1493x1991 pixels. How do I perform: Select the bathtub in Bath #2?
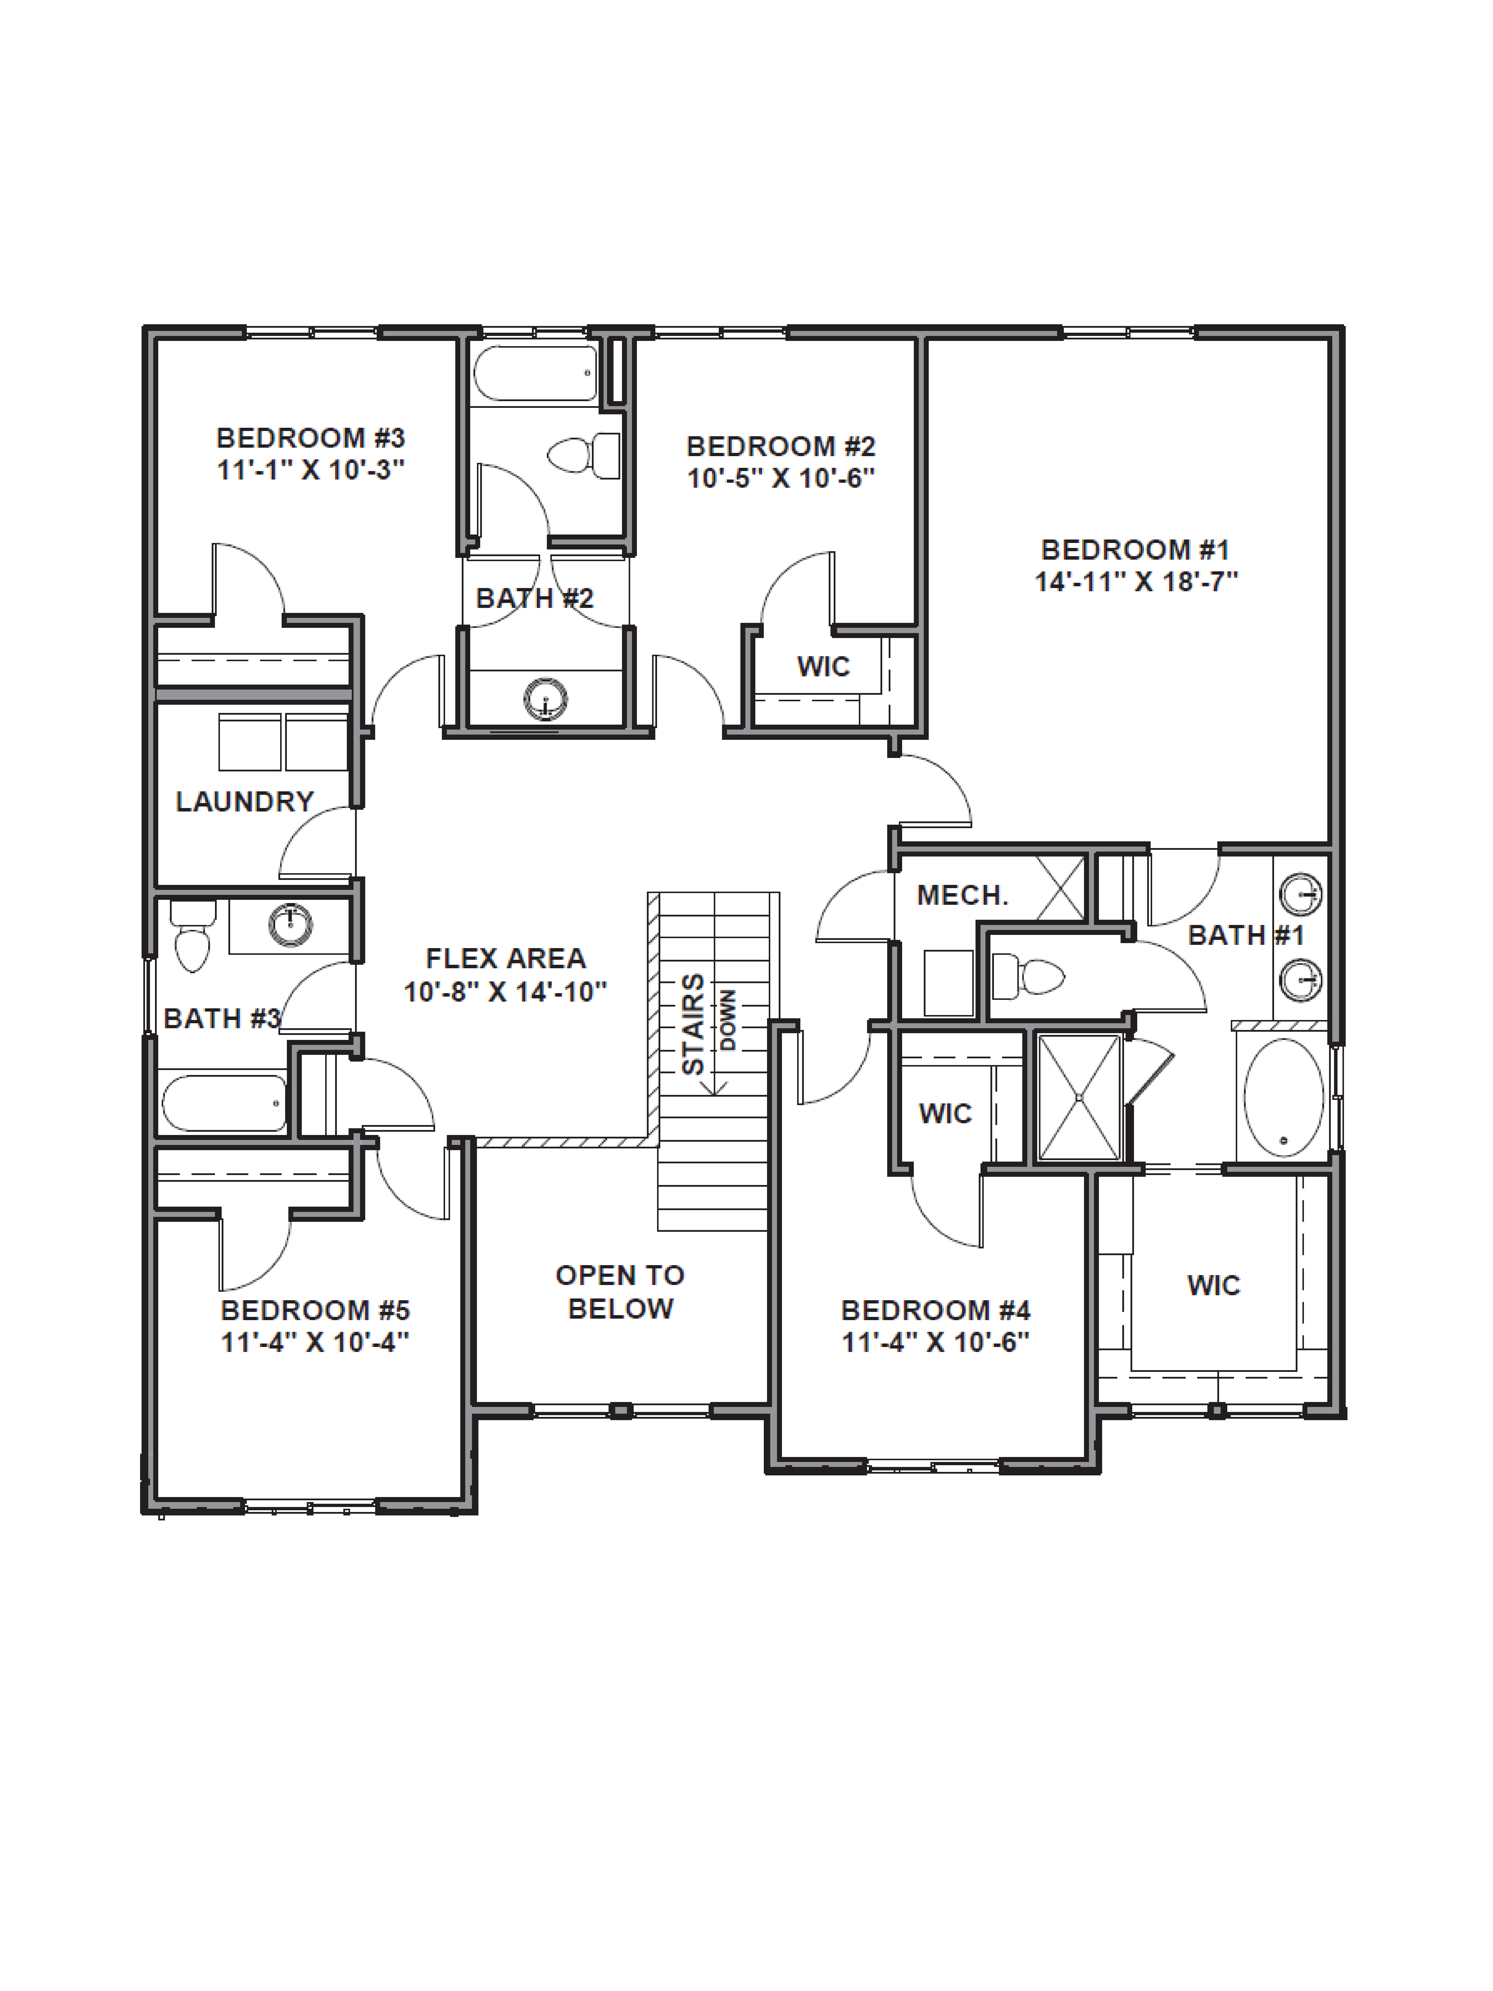(535, 373)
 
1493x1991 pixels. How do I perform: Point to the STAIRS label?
(693, 1023)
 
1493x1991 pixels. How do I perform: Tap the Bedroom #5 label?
(315, 1310)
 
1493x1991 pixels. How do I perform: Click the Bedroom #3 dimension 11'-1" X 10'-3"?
(310, 470)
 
